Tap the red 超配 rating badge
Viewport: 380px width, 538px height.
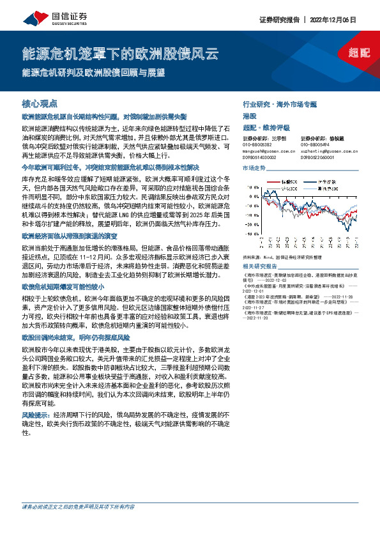point(361,53)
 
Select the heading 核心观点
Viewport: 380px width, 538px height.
point(40,104)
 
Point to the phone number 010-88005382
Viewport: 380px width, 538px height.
point(261,144)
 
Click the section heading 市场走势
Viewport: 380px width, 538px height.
point(254,167)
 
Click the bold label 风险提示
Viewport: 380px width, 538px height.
point(36,415)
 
